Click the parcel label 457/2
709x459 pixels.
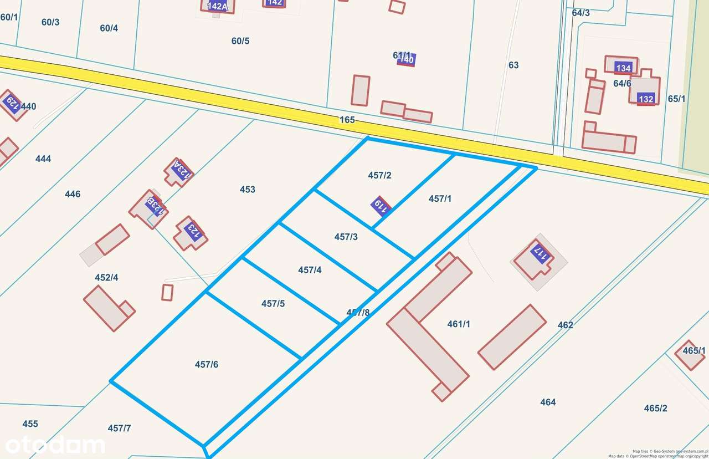point(379,175)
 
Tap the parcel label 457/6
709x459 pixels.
point(207,364)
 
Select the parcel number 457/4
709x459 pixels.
point(310,270)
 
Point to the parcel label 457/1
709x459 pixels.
point(440,198)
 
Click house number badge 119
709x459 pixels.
point(381,206)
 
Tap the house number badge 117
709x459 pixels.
point(540,254)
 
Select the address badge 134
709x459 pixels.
point(623,68)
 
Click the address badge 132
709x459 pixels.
point(646,99)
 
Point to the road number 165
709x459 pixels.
point(347,120)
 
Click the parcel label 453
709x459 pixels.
point(248,190)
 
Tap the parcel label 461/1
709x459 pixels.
point(459,324)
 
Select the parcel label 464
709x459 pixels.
point(548,402)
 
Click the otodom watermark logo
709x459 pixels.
point(54,445)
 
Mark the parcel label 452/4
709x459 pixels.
point(106,277)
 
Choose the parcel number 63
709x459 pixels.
point(513,65)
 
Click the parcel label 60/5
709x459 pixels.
point(240,41)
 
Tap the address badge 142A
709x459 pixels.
point(217,7)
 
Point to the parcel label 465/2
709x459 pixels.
point(655,409)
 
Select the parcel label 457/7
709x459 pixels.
point(119,428)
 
